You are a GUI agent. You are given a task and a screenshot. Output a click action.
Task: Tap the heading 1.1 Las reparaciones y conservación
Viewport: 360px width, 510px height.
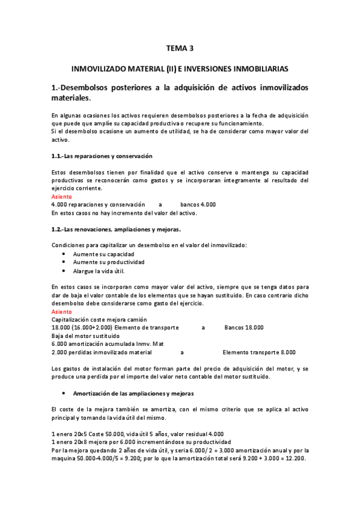click(x=102, y=156)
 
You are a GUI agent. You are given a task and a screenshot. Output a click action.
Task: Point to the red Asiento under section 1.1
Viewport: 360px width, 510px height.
click(x=61, y=197)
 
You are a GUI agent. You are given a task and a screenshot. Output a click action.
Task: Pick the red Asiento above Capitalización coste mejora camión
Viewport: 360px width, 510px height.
click(x=61, y=312)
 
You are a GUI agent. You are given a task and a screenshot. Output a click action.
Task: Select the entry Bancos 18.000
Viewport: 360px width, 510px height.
click(x=243, y=327)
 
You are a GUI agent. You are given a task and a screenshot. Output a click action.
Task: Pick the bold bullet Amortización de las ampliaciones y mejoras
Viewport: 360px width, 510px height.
click(x=133, y=393)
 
